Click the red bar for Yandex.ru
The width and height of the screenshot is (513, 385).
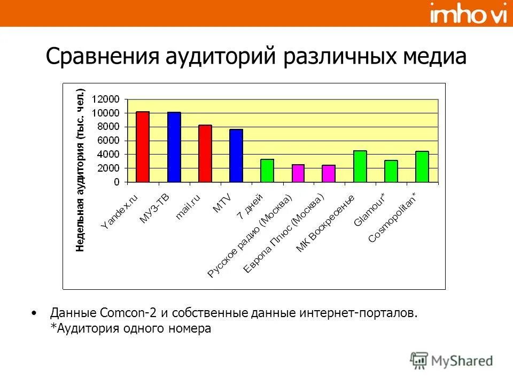point(143,147)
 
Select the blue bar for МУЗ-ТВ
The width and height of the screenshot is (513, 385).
point(174,147)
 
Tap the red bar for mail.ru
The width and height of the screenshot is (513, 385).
point(205,153)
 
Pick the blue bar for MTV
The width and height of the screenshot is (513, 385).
point(236,156)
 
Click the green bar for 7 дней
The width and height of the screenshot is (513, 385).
point(267,171)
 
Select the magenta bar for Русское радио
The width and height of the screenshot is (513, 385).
point(298,173)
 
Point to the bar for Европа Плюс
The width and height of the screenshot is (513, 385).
point(329,174)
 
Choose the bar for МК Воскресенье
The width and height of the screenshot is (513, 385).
point(360,166)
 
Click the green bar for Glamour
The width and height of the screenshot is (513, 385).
point(391,171)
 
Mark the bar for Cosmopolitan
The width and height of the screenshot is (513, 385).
point(422,167)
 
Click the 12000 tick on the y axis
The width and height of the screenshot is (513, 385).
point(105,99)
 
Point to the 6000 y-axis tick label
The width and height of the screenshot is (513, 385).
point(108,141)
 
